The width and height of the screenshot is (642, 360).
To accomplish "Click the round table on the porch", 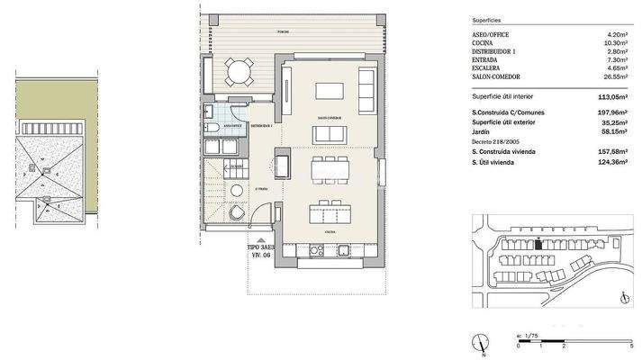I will click(238, 71).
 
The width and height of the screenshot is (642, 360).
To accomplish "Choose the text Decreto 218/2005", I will click(495, 142).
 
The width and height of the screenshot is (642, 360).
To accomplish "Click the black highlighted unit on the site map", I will click(538, 243).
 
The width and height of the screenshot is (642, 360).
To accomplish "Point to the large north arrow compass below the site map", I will click(484, 343).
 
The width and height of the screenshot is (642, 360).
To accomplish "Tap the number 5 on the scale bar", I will click(631, 345).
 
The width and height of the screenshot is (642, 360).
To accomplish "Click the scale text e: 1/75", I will click(527, 334).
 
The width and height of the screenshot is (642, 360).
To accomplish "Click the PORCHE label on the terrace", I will click(283, 31).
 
